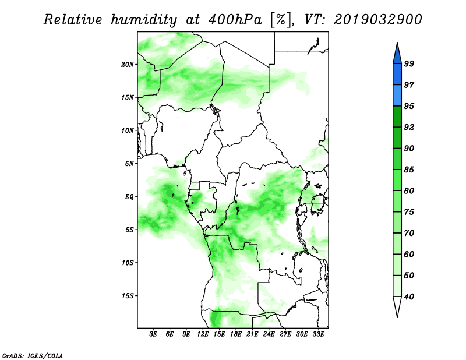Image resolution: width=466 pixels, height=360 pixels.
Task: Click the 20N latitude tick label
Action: [x=128, y=65]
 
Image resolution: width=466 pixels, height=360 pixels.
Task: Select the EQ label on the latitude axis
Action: [x=129, y=197]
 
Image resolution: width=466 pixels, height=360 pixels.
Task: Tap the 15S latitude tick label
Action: [x=128, y=296]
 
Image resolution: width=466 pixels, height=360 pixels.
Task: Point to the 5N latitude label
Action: [x=129, y=164]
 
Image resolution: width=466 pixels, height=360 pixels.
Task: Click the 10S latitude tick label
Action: [x=128, y=263]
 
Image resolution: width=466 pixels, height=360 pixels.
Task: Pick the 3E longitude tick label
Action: [x=153, y=334]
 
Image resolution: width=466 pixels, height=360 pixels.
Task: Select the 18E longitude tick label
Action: [x=236, y=334]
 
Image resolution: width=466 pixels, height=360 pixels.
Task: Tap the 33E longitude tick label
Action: [x=318, y=334]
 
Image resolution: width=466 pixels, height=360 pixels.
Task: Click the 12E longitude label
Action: [x=203, y=334]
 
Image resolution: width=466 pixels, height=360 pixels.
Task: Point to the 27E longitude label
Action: [x=285, y=334]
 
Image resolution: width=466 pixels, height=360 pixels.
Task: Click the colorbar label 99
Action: [x=409, y=64]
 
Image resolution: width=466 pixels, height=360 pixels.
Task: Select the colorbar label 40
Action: [x=409, y=297]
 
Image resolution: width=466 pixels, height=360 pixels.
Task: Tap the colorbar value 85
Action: [x=409, y=170]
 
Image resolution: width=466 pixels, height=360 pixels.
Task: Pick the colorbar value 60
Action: [x=409, y=255]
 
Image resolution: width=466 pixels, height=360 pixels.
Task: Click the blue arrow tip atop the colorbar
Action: [x=397, y=43]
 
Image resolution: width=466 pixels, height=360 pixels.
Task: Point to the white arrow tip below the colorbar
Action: [x=397, y=317]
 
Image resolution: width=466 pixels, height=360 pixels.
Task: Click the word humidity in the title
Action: [x=144, y=20]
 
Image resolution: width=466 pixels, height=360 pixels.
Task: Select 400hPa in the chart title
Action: [x=235, y=20]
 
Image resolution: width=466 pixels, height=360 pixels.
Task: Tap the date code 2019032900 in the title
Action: [x=377, y=20]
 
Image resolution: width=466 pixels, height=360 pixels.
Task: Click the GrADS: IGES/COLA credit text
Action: [x=33, y=355]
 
